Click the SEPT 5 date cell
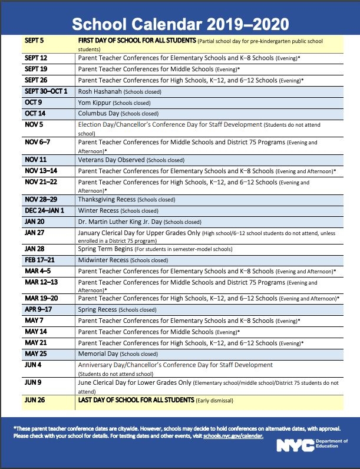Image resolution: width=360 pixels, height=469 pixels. coord(35,41)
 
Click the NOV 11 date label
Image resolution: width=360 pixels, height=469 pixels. coord(36,160)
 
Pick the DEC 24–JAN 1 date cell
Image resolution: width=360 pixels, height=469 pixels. coord(45,211)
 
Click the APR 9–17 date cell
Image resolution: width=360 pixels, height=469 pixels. coord(39,309)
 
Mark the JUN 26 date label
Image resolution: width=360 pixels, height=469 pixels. coord(36,401)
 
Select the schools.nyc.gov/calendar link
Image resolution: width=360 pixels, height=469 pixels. coord(233,436)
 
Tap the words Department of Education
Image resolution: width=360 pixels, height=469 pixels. coord(332,444)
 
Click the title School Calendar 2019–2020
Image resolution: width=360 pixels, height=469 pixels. coord(180,24)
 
